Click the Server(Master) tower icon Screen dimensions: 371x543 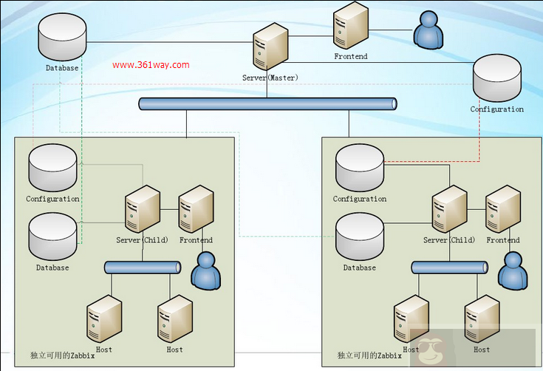270,47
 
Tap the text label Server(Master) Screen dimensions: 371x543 270,78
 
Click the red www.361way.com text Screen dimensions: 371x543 151,65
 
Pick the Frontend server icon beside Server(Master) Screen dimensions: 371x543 350,27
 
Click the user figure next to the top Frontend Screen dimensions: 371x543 428,30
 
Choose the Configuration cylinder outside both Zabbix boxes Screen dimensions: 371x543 496,78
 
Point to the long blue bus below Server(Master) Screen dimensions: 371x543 267,104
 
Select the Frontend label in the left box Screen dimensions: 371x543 196,240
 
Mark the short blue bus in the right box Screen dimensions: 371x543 449,268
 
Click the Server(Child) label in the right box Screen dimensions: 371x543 449,240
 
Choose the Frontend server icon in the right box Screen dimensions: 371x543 503,210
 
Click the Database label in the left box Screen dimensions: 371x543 52,268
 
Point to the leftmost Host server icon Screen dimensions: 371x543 104,319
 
